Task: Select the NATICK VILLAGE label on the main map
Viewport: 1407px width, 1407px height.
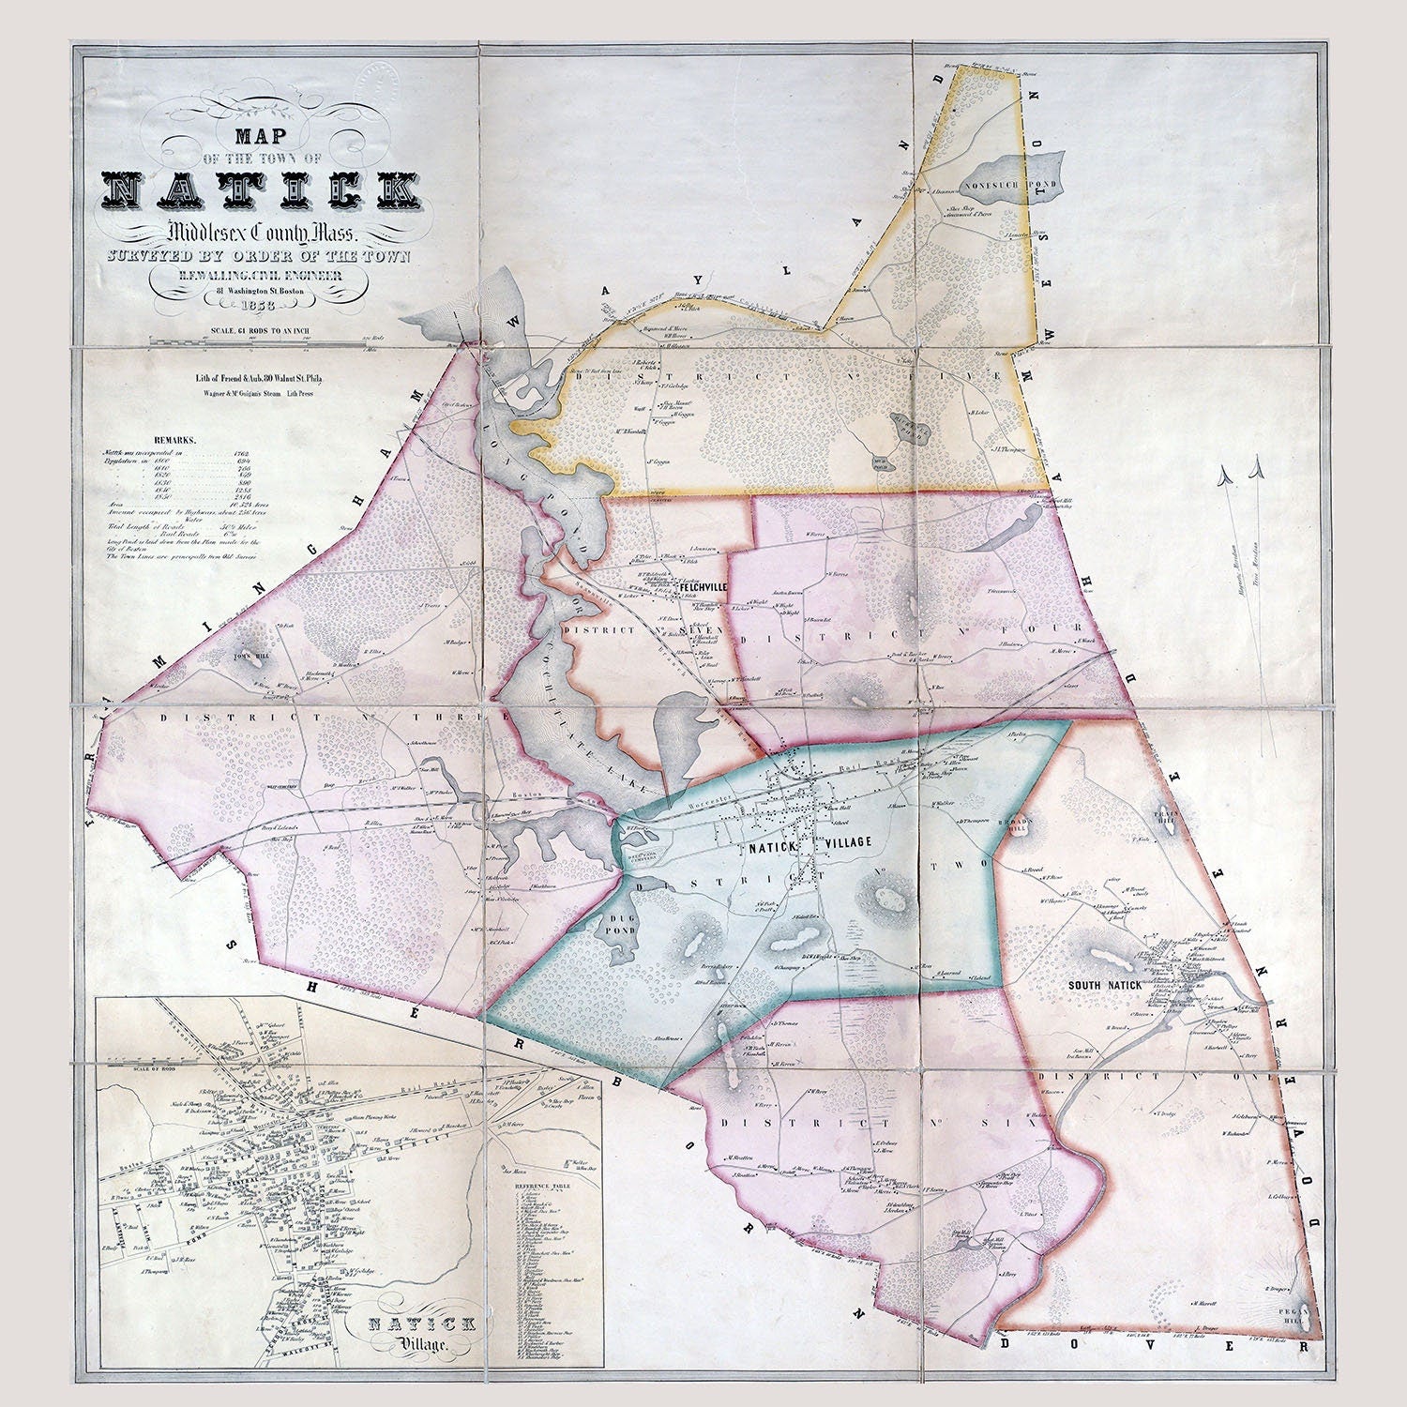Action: pyautogui.click(x=811, y=842)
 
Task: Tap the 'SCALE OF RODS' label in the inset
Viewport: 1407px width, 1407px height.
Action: pyautogui.click(x=138, y=1070)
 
